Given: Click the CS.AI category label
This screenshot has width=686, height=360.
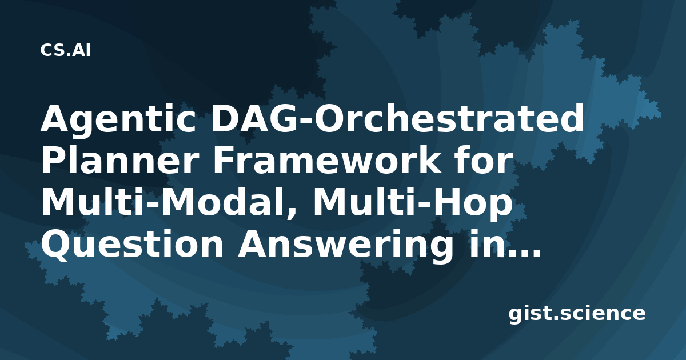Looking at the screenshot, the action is coord(66,50).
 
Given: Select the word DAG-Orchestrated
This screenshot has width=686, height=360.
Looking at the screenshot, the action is coord(397,118).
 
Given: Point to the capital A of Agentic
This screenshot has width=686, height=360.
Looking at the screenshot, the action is coord(56,118).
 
